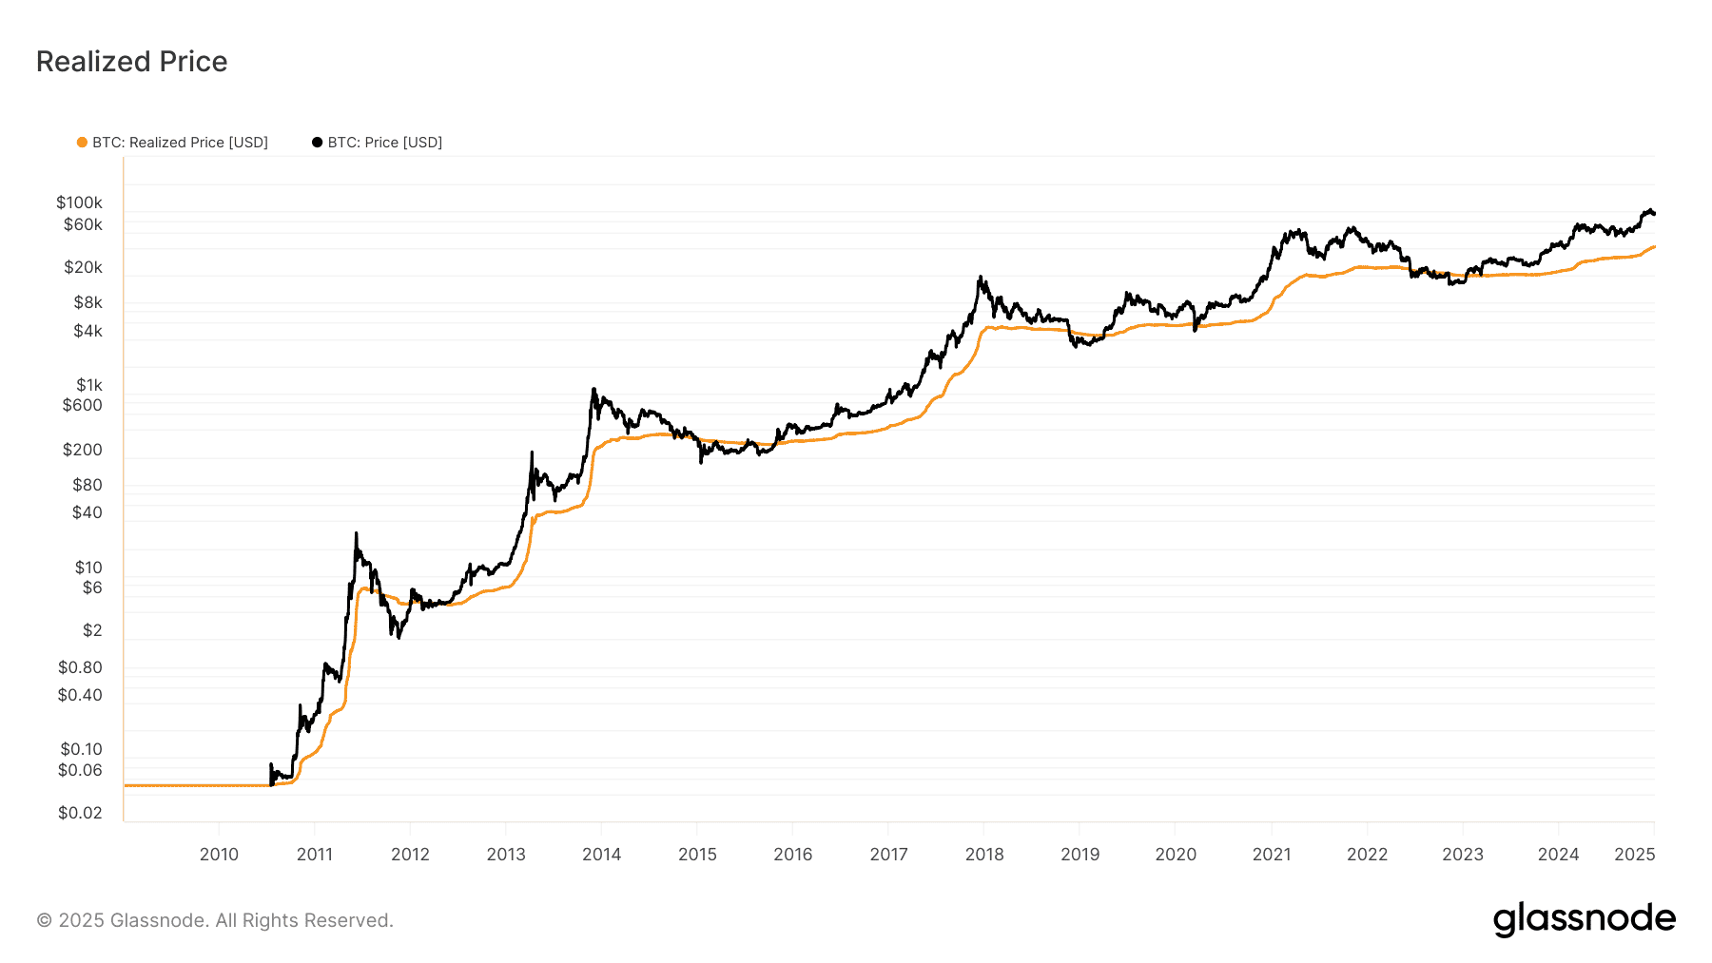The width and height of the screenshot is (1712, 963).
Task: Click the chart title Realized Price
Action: point(131,62)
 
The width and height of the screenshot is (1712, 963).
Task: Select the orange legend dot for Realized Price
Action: point(82,143)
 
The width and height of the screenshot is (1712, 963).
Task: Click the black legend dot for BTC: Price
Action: point(317,143)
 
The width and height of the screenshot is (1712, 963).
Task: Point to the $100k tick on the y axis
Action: point(79,202)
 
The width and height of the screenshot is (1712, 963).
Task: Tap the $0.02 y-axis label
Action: point(80,813)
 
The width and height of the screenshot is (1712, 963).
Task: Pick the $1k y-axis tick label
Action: point(89,385)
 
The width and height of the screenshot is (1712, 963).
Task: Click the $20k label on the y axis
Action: point(83,267)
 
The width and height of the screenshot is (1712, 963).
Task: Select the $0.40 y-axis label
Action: point(80,695)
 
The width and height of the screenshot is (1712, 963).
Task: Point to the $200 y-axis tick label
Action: point(83,450)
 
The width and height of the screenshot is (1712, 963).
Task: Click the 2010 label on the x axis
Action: point(219,855)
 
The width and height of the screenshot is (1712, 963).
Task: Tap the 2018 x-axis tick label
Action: point(984,855)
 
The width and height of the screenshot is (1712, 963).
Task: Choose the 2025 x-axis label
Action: point(1635,855)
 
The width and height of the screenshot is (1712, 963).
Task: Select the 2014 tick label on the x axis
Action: point(601,855)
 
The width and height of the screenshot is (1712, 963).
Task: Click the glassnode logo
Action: point(1584,919)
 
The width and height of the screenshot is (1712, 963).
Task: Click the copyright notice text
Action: point(215,920)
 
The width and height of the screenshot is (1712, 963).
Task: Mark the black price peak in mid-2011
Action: point(356,533)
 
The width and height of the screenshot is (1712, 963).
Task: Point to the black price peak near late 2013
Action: point(593,389)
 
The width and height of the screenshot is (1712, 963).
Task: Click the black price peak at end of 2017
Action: point(980,278)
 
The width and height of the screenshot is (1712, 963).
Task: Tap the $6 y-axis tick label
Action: point(92,587)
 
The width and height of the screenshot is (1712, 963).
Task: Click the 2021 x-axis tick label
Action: point(1272,855)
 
